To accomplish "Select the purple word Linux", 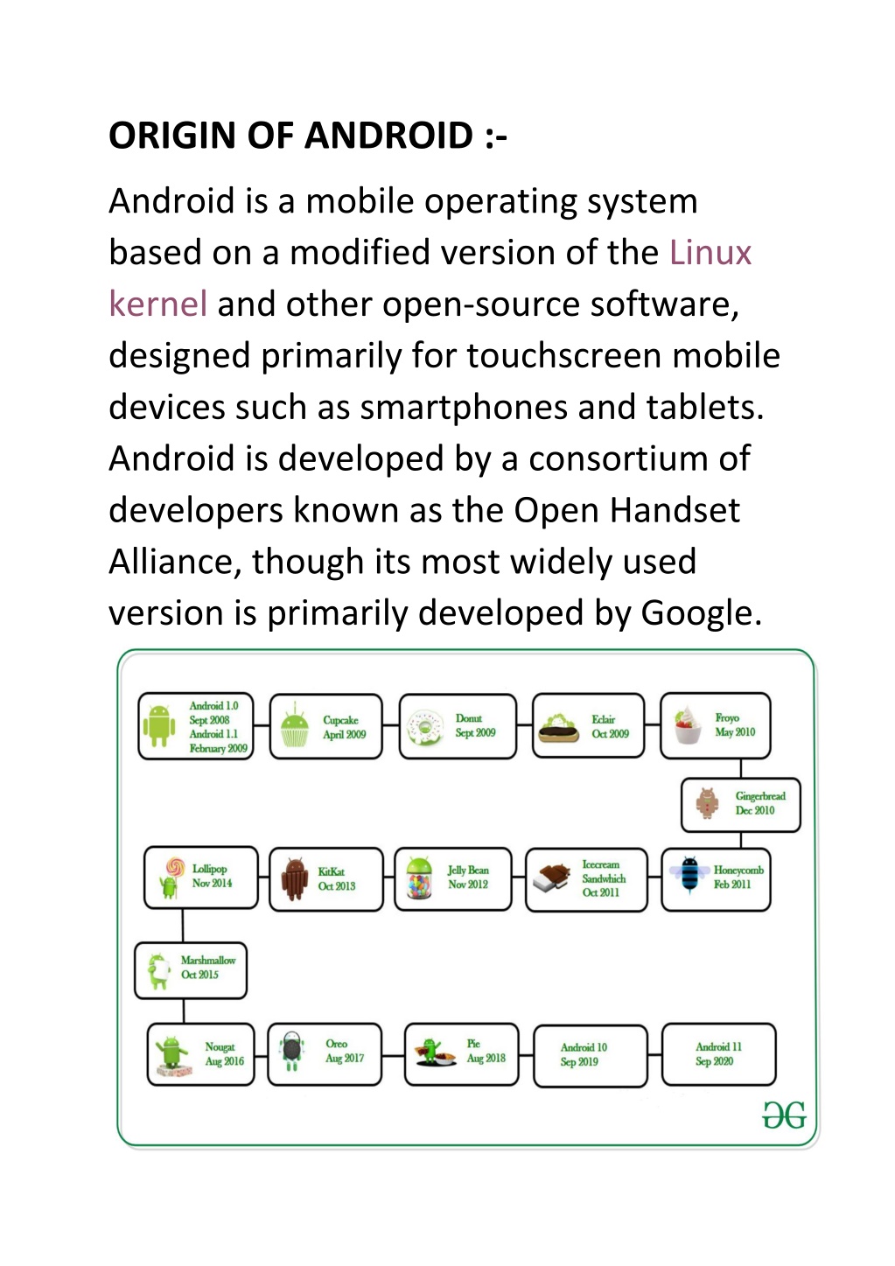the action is [710, 252].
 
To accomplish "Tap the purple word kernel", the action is [157, 304].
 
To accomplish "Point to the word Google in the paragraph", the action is [701, 613].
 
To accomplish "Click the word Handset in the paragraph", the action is [675, 510].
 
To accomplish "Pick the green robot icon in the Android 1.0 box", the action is [158, 726].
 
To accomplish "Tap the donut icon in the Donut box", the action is [425, 728].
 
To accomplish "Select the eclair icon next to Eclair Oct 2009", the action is [558, 728].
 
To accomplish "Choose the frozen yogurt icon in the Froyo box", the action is [688, 724].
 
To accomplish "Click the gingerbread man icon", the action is [707, 803].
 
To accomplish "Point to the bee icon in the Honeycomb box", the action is [689, 874].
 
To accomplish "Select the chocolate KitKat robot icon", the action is [294, 879].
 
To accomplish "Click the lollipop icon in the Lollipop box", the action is [171, 878].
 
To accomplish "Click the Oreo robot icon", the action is [291, 1052].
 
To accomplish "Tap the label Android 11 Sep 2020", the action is [718, 1054].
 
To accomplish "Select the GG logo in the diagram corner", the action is [784, 1115].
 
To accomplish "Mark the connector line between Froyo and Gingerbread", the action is [741, 769].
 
